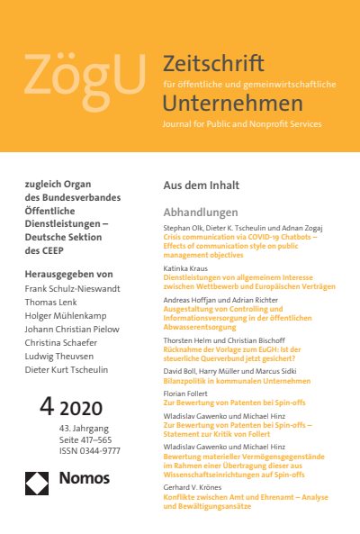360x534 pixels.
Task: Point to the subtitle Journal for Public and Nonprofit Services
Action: [241, 123]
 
